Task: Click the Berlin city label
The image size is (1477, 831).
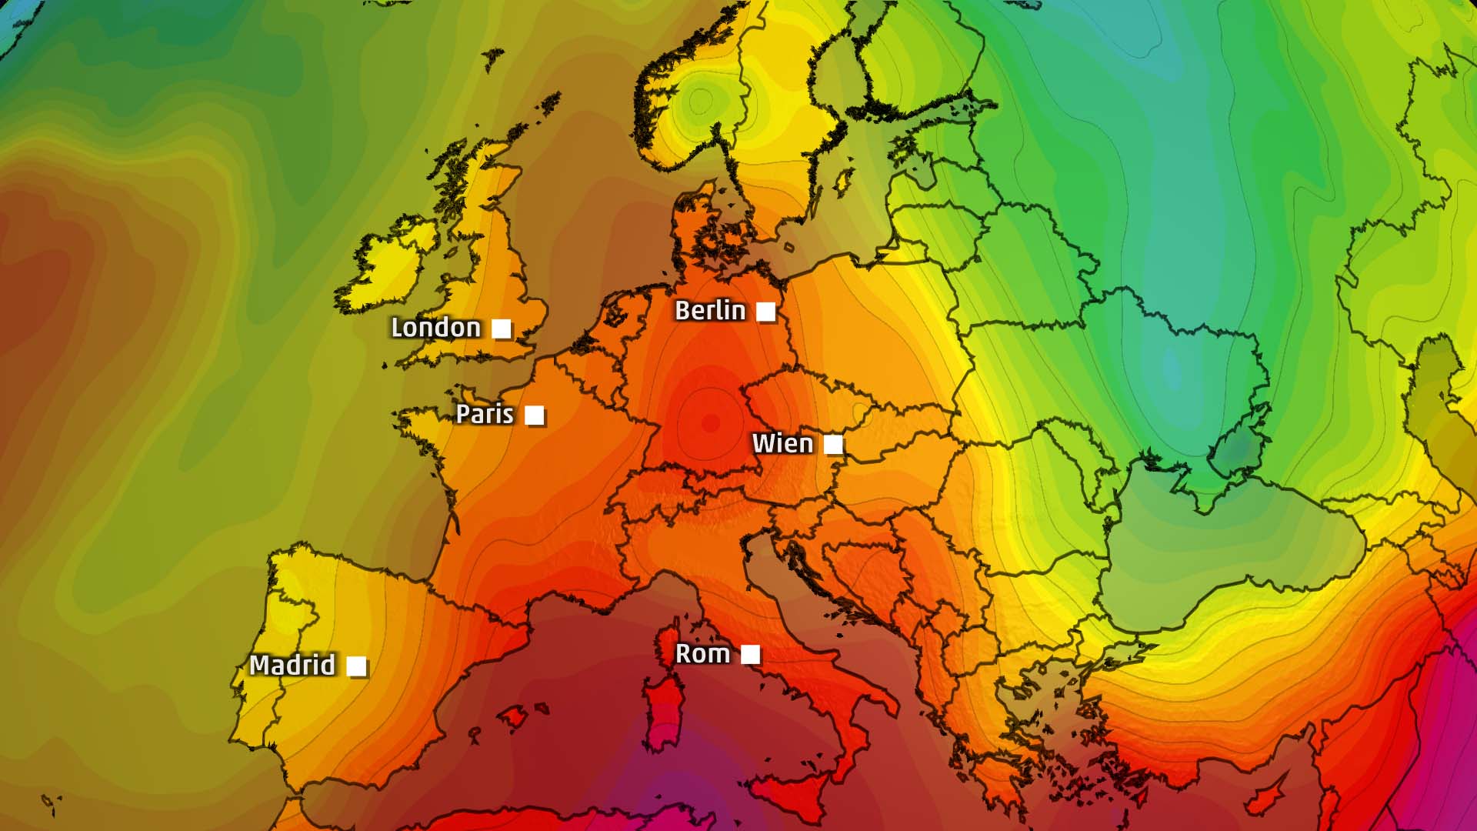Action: (710, 311)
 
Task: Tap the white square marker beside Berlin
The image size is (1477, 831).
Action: (765, 312)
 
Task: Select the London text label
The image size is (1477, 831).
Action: (435, 328)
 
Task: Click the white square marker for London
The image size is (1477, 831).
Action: (502, 329)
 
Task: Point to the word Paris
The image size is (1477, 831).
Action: (485, 414)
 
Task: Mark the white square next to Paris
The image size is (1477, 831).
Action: (535, 415)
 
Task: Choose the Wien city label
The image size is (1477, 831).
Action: (782, 444)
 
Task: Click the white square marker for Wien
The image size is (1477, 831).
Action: (833, 445)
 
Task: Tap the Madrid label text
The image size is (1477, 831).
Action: (292, 666)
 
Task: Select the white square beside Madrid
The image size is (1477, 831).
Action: (356, 666)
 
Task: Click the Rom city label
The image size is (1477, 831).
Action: (702, 654)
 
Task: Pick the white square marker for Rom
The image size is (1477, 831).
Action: (751, 655)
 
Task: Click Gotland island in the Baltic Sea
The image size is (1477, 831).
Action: (844, 180)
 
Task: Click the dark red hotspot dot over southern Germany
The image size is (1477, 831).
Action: (710, 422)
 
